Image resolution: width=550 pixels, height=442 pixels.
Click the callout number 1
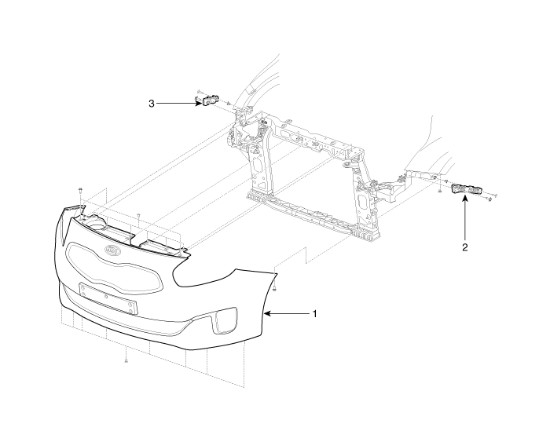point(314,314)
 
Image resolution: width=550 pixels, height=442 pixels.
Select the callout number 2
point(465,247)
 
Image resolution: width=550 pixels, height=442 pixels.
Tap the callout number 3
point(152,104)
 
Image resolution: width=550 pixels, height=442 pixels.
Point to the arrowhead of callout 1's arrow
point(266,314)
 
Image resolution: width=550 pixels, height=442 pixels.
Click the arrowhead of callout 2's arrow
point(465,199)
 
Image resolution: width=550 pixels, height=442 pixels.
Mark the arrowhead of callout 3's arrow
point(200,104)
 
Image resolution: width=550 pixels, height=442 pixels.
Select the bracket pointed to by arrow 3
point(210,100)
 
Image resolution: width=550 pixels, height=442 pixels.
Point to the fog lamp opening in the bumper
point(225,320)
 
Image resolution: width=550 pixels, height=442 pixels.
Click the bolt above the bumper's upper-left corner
point(81,191)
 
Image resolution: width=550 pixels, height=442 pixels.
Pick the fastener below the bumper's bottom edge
point(126,360)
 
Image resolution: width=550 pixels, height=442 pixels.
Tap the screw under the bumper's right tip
point(275,289)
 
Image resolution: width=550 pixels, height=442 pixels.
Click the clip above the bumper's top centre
point(138,214)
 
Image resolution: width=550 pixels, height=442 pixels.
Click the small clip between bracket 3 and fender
point(229,104)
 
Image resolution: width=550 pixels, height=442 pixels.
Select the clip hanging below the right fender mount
point(439,191)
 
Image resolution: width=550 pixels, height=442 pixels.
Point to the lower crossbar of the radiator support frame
point(313,214)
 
